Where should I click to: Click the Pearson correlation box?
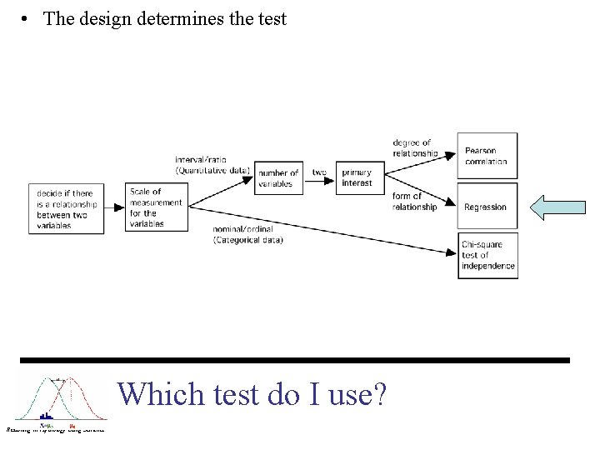487,155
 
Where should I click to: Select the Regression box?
487,206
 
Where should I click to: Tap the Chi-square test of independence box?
487,255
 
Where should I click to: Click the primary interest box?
360,177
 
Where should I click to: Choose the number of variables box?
278,177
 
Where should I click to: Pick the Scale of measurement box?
154,207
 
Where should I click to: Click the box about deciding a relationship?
66,208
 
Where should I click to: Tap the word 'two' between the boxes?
319,172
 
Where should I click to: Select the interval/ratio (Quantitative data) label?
212,164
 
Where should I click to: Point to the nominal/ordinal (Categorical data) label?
247,236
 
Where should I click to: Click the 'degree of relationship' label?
414,148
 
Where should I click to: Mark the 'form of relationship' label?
414,202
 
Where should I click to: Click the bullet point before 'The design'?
27,18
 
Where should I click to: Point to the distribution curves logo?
57,402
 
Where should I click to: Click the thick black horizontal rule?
295,360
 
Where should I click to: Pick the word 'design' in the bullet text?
104,18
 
